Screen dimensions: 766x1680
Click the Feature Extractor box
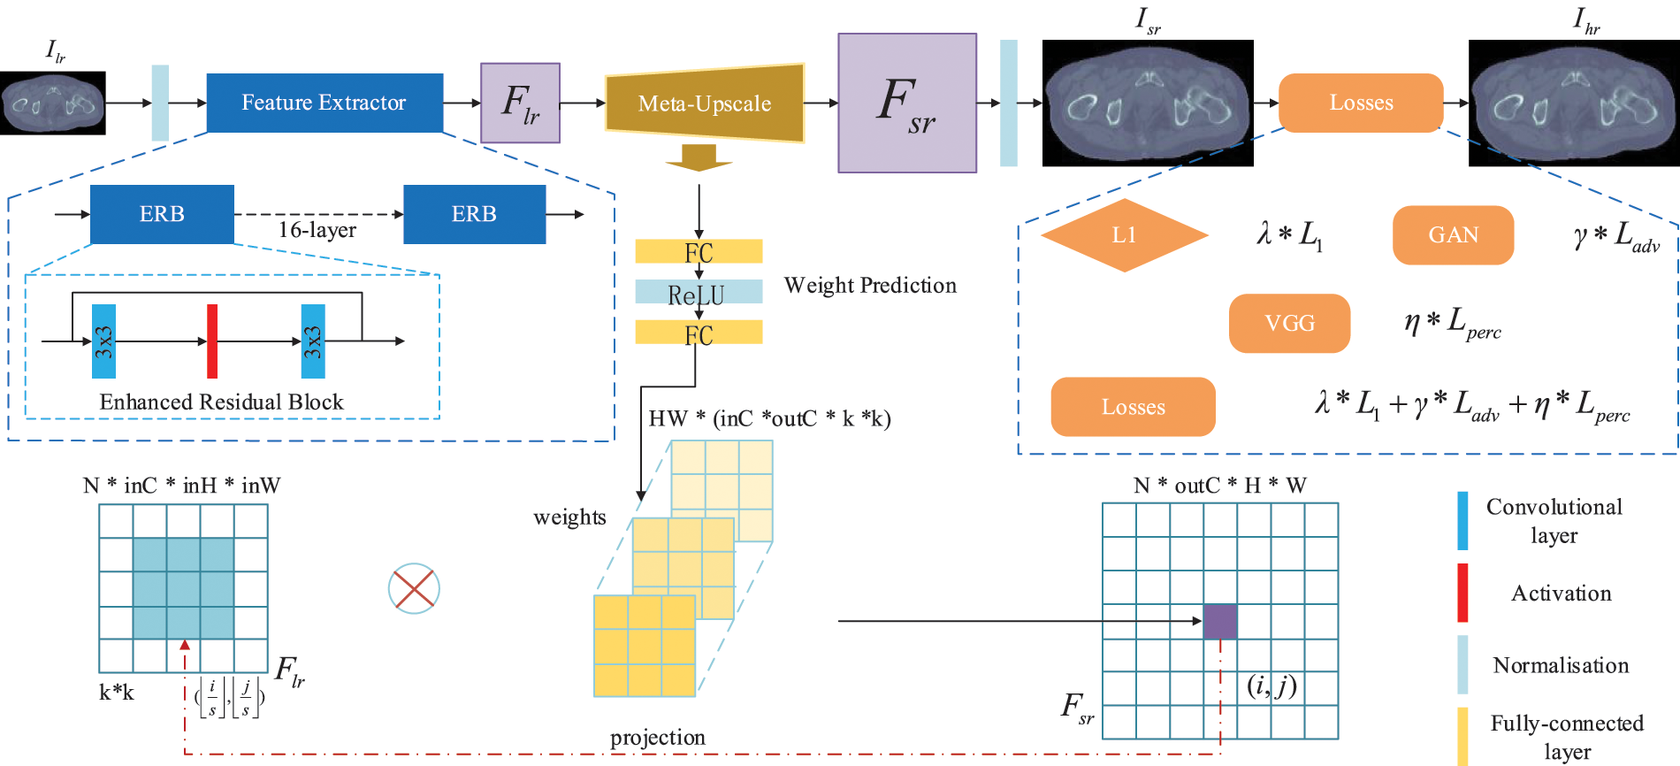[325, 103]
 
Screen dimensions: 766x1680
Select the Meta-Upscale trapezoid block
[705, 103]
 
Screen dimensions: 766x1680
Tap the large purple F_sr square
[907, 103]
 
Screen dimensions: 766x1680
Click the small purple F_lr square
[520, 103]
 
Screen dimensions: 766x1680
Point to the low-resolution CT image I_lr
[52, 103]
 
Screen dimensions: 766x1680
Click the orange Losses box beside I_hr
[1361, 103]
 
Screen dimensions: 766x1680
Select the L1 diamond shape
[1124, 235]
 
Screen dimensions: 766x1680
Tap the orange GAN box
[1453, 235]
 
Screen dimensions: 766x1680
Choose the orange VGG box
[1289, 324]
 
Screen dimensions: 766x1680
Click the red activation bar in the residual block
[212, 341]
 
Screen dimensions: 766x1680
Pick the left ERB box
[162, 214]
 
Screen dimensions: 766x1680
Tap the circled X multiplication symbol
[414, 589]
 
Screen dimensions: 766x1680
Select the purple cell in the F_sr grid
[1220, 621]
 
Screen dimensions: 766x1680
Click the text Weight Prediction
[870, 286]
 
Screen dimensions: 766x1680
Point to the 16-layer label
[317, 230]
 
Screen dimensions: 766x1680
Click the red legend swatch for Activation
[1462, 593]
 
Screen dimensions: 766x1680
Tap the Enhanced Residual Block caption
[221, 402]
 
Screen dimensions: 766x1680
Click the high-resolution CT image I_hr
[1574, 103]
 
